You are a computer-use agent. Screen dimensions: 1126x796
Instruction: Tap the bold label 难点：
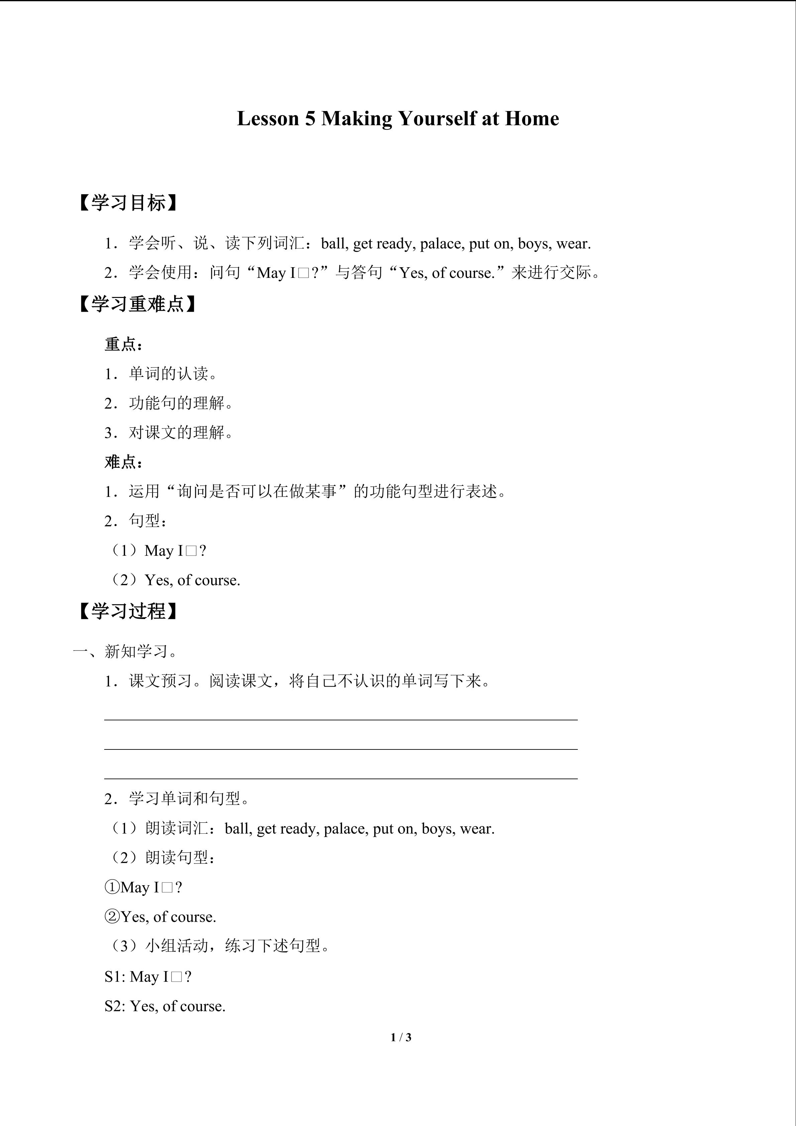(x=124, y=462)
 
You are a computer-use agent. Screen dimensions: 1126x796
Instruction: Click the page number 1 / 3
(x=401, y=1037)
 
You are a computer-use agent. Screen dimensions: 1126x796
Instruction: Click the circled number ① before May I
(x=112, y=887)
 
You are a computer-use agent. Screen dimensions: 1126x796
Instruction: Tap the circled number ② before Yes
(x=112, y=917)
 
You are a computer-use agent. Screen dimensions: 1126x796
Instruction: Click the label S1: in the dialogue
(x=116, y=977)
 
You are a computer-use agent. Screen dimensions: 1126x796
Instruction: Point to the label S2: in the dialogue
(x=116, y=1006)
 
